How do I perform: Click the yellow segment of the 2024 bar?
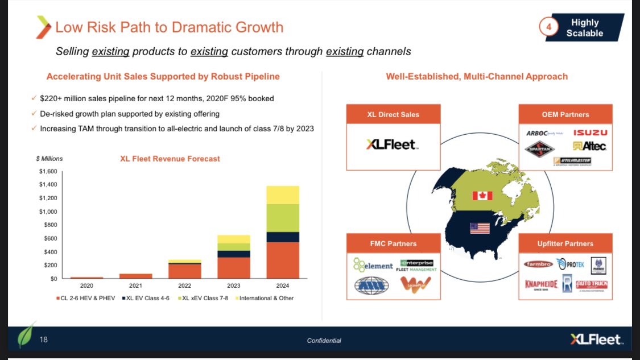pyautogui.click(x=283, y=195)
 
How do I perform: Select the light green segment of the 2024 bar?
pyautogui.click(x=283, y=218)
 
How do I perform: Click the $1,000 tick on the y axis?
pyautogui.click(x=48, y=212)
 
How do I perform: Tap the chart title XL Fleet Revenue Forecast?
pyautogui.click(x=170, y=159)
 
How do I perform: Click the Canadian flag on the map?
pyautogui.click(x=482, y=196)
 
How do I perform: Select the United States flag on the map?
pyautogui.click(x=480, y=228)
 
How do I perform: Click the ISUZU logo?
pyautogui.click(x=589, y=133)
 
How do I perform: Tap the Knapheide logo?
pyautogui.click(x=540, y=283)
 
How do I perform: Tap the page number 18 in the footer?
pyautogui.click(x=44, y=340)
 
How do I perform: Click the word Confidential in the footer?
pyautogui.click(x=324, y=341)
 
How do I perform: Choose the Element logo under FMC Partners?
pyautogui.click(x=373, y=265)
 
